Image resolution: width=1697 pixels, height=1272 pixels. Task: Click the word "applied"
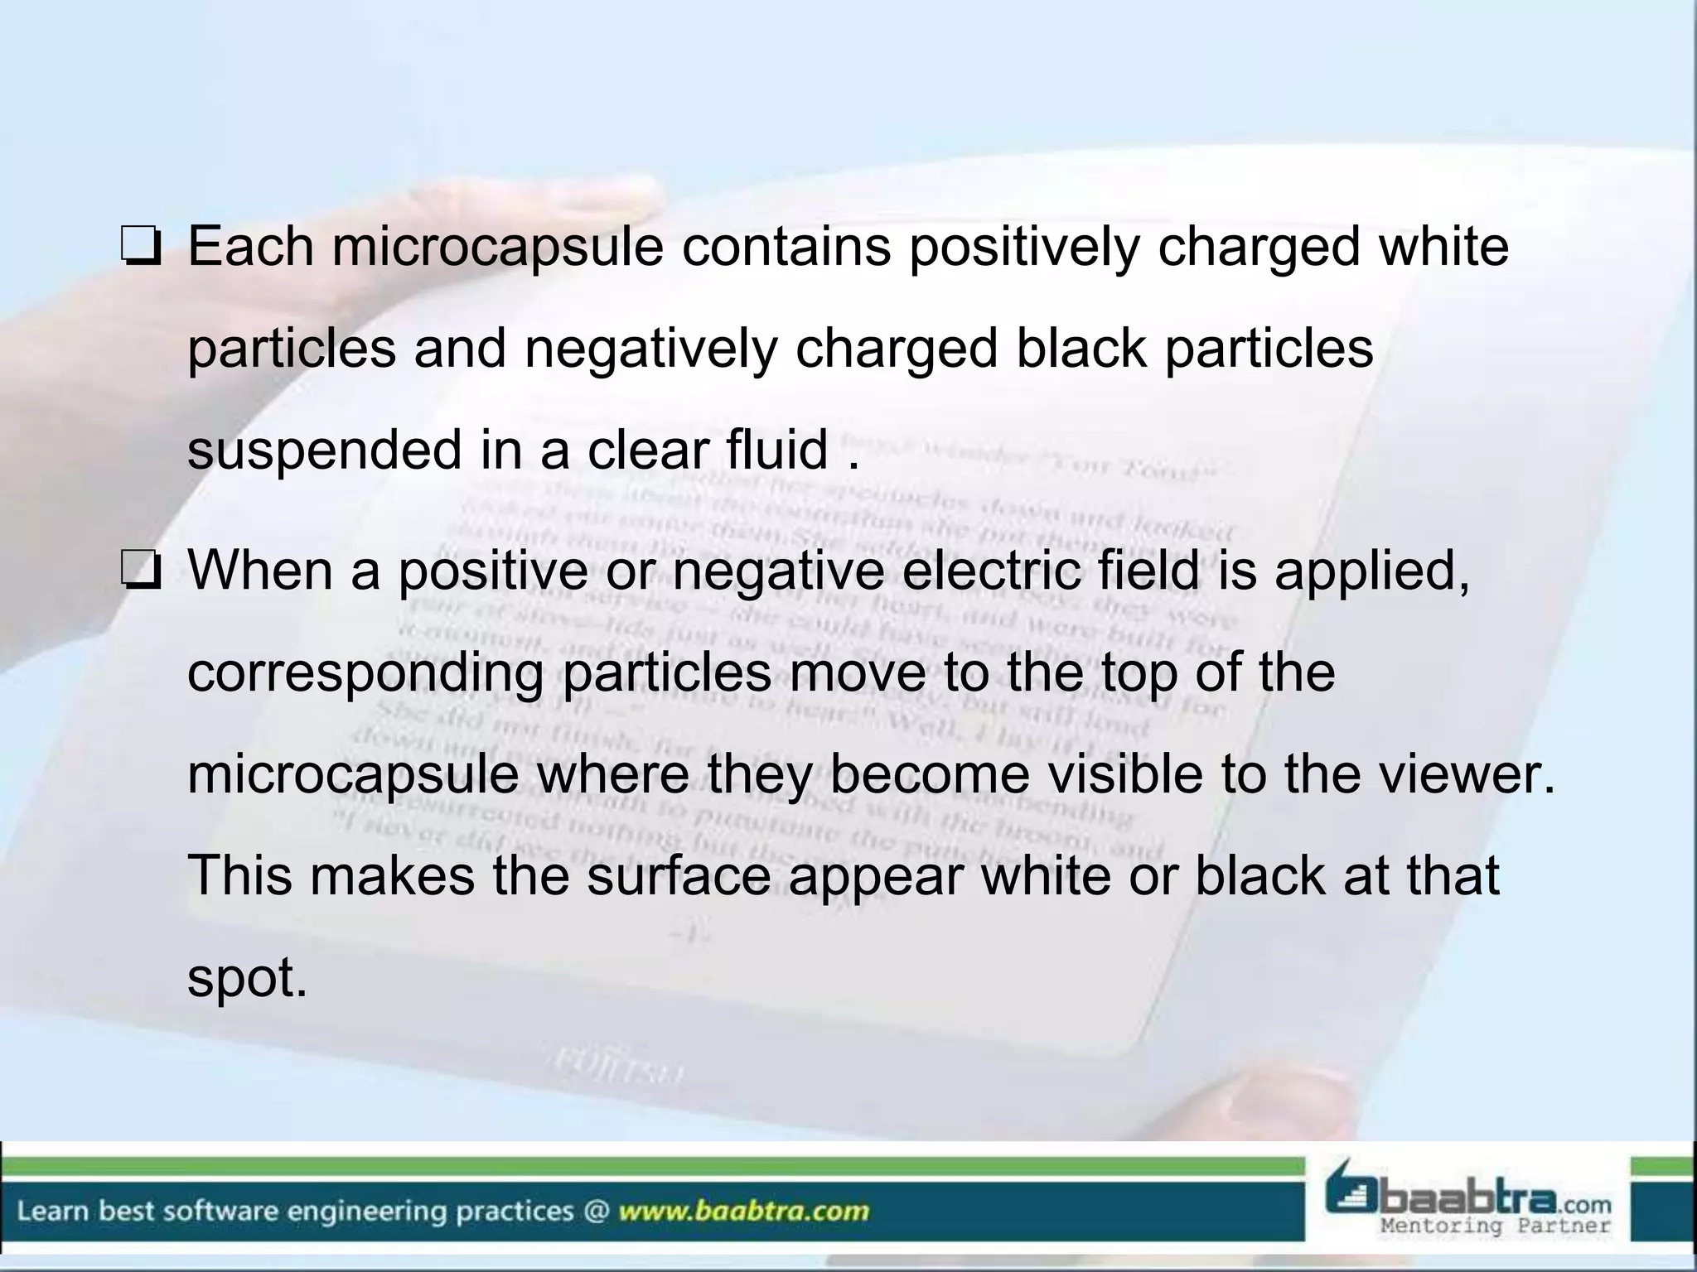1372,571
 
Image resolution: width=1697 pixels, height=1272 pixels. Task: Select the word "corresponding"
365,672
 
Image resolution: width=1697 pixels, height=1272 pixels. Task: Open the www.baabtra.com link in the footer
744,1212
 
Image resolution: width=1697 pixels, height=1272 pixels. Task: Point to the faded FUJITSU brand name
617,1067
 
